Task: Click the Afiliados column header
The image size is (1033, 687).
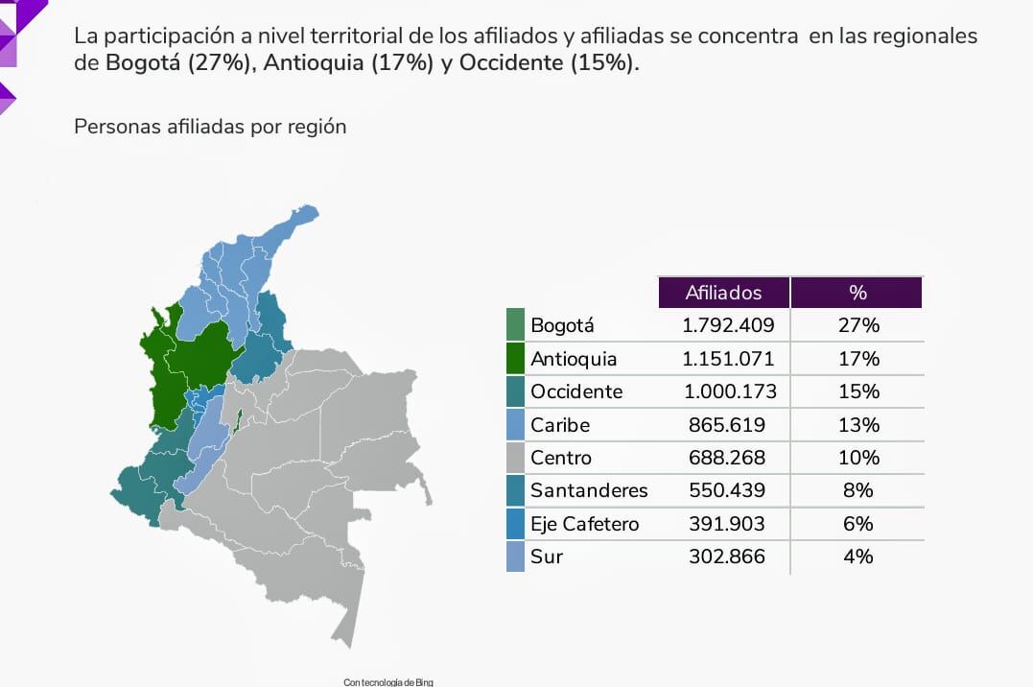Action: tap(723, 293)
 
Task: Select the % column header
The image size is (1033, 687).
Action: tap(857, 293)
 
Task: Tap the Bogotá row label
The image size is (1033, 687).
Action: tap(556, 326)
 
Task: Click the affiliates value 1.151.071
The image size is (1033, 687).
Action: tap(728, 359)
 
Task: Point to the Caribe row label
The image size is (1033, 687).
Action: tap(560, 424)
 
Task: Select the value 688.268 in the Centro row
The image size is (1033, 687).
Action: tap(728, 458)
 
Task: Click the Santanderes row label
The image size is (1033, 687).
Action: tap(589, 490)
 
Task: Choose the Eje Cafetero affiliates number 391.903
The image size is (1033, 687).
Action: tap(728, 523)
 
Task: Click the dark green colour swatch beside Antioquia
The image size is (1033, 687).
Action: tap(515, 359)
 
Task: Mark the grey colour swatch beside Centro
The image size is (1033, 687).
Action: tap(515, 458)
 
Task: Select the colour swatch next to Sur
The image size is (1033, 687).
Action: tap(515, 557)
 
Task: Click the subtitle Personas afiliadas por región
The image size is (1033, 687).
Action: tap(210, 127)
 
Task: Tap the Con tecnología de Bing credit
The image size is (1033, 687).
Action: tap(388, 681)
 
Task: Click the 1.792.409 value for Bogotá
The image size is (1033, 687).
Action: tap(728, 325)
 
